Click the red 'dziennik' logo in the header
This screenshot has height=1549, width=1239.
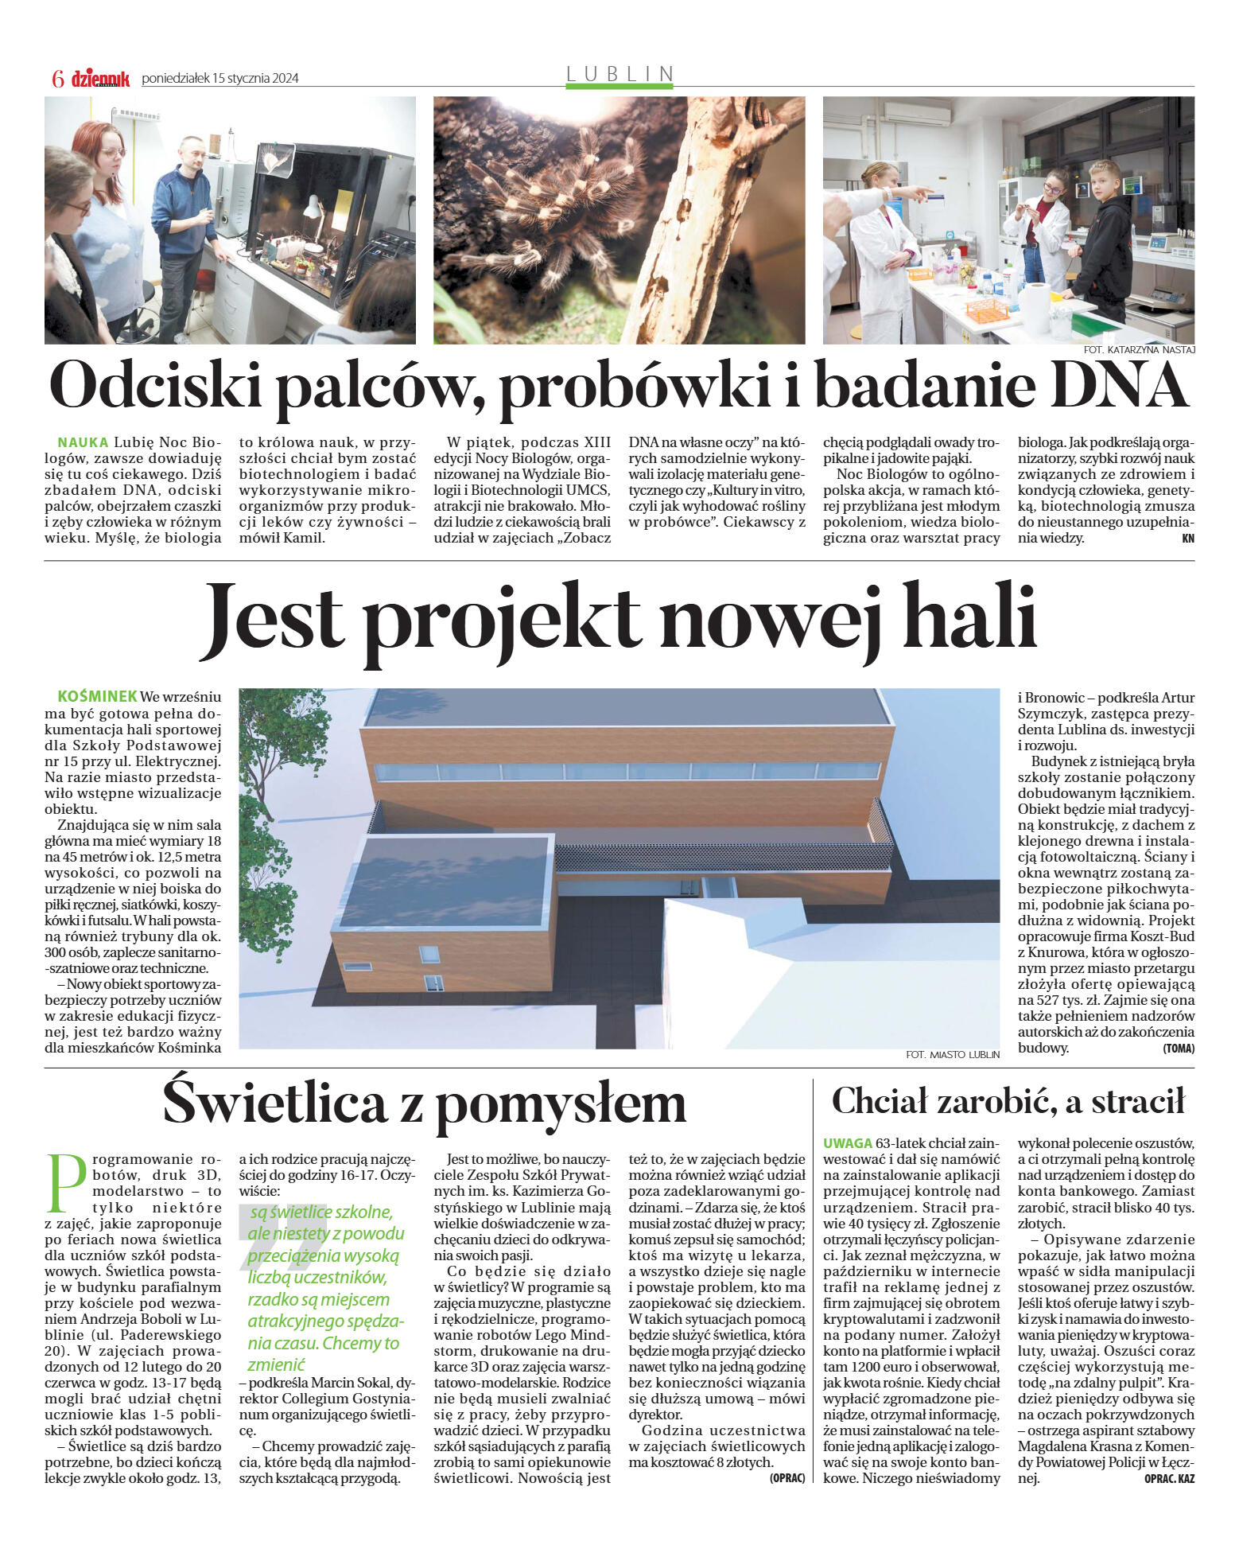(100, 78)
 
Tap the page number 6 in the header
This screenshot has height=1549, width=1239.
(57, 78)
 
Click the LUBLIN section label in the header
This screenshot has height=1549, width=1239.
(619, 74)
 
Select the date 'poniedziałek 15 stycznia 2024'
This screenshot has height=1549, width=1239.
(220, 78)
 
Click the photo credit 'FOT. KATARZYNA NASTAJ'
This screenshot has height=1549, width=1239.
(1139, 350)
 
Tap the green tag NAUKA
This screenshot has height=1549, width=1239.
(83, 442)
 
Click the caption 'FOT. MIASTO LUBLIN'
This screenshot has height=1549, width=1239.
(952, 1054)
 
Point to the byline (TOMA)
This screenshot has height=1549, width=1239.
(1178, 1049)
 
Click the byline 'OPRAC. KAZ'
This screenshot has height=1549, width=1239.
(1169, 1478)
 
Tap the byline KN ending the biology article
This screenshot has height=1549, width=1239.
(1188, 539)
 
